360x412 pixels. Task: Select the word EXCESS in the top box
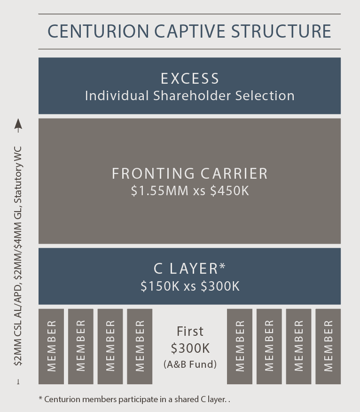(189, 79)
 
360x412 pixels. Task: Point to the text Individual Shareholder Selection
(189, 96)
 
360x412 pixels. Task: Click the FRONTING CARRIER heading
(189, 174)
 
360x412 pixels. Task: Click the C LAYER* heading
(189, 269)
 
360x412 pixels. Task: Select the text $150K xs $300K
(189, 286)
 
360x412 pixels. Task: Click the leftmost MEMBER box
(51, 346)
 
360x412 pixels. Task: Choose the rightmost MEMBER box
(328, 346)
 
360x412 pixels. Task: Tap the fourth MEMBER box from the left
(140, 346)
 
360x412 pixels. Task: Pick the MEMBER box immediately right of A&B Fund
(240, 346)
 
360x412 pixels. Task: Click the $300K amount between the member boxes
(189, 349)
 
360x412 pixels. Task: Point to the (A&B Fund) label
(189, 364)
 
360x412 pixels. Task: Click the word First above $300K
(190, 332)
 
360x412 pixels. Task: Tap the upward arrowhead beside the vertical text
(18, 124)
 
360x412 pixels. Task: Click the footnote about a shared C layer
(135, 399)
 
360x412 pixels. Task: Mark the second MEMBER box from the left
(81, 346)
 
